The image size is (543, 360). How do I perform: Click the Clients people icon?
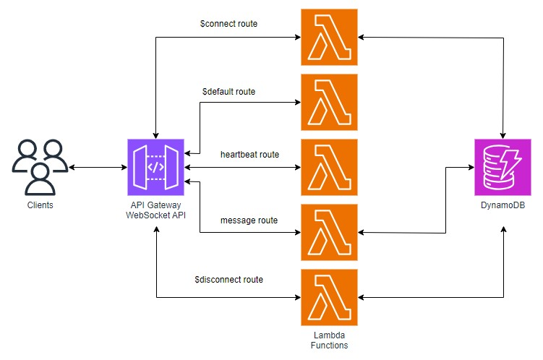[x=40, y=167]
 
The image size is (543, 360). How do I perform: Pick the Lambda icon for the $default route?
[x=329, y=102]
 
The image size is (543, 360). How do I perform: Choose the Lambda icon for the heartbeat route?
[x=329, y=167]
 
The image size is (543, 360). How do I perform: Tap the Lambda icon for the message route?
[x=329, y=232]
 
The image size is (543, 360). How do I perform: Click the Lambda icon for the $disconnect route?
[x=329, y=297]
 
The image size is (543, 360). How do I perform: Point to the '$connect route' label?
[x=228, y=24]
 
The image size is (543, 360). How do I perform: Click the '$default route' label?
[x=228, y=92]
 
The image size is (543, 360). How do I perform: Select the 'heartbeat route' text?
[x=249, y=155]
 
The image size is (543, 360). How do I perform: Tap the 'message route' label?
[x=249, y=219]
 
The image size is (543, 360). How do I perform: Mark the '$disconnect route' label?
[x=228, y=279]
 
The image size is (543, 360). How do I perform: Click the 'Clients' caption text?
[x=40, y=205]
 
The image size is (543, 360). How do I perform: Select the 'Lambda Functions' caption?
[x=329, y=340]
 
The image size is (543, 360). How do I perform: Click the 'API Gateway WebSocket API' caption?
[x=155, y=210]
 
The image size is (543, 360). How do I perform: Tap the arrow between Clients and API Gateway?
[x=98, y=168]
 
